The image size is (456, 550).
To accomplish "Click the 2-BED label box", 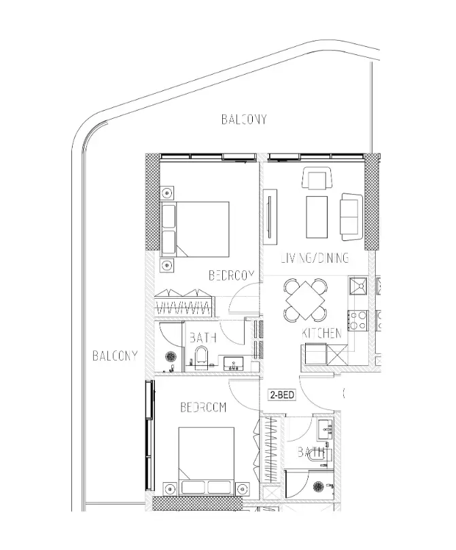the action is (x=282, y=395).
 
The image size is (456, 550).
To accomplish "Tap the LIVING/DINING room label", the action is (x=315, y=258).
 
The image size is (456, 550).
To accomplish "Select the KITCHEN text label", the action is (x=321, y=333).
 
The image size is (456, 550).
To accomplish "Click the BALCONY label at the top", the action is (x=244, y=120).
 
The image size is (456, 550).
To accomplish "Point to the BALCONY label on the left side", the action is (x=115, y=356).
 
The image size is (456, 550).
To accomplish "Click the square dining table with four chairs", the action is (x=305, y=300).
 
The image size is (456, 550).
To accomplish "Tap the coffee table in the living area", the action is (x=317, y=217).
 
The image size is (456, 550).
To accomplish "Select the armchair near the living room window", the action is (x=317, y=178).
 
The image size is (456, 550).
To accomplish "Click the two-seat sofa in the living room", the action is (x=351, y=217).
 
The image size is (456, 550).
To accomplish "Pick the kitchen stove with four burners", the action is (x=357, y=320).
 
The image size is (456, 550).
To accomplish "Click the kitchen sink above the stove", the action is (x=357, y=285).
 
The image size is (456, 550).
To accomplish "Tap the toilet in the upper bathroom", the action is (x=202, y=355).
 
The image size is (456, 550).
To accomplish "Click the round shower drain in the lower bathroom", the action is (x=319, y=487).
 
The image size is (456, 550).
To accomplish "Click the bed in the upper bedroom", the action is (x=195, y=229).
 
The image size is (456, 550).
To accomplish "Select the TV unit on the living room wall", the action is (x=270, y=217).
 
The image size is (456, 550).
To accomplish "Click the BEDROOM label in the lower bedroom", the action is (x=203, y=407).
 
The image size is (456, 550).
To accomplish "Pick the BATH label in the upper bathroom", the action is (x=203, y=337).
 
